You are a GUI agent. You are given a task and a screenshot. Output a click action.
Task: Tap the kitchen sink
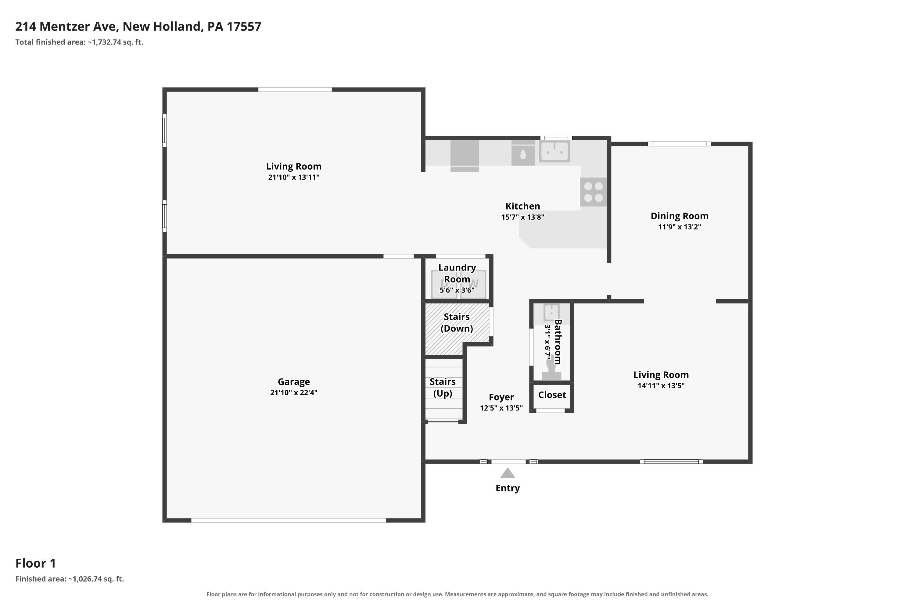[x=554, y=151]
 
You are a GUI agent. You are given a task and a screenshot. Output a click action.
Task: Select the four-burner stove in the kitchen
[x=593, y=192]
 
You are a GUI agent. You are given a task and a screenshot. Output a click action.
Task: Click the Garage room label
[x=294, y=382]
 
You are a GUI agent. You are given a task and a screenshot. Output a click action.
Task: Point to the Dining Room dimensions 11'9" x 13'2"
[x=679, y=227]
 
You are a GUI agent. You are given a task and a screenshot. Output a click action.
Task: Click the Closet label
[x=552, y=395]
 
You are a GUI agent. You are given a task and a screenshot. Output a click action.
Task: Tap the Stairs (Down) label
[x=457, y=322]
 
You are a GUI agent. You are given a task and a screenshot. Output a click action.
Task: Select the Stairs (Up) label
[x=443, y=387]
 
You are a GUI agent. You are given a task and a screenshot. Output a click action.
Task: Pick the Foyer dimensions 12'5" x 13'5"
[x=501, y=408]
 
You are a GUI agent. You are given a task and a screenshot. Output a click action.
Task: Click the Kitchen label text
[x=522, y=206]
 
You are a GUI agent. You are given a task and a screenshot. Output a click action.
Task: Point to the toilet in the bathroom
[x=551, y=368]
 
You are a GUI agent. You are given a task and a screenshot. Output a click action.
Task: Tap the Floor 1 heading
[x=36, y=563]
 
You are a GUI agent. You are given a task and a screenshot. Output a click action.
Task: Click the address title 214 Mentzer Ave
[x=138, y=27]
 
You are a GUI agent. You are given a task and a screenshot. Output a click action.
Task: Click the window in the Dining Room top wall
[x=679, y=144]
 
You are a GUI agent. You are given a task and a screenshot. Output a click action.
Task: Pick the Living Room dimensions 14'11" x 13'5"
[x=661, y=386]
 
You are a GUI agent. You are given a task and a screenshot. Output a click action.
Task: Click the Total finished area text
[x=79, y=42]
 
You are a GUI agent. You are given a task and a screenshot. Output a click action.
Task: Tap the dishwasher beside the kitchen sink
[x=523, y=153]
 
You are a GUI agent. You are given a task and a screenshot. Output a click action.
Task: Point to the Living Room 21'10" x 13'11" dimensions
[x=294, y=177]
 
